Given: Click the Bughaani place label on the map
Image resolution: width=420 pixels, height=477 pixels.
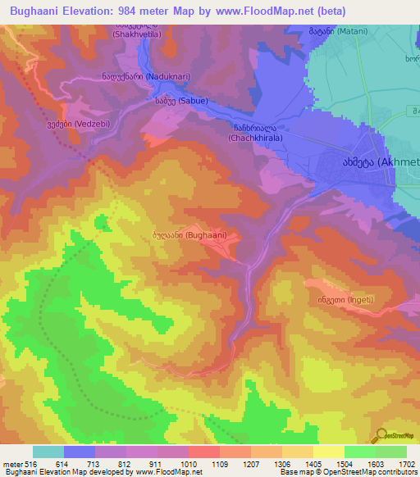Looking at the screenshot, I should click(189, 235).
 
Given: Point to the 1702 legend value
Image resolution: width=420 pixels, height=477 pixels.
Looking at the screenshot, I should click(406, 465).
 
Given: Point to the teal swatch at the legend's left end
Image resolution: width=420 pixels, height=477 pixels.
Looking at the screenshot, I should click(48, 452).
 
